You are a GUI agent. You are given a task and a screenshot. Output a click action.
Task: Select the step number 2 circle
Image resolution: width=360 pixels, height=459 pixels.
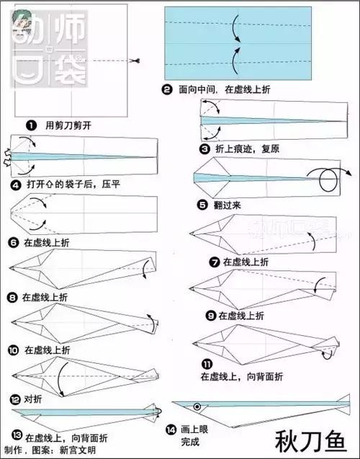pos(167,89)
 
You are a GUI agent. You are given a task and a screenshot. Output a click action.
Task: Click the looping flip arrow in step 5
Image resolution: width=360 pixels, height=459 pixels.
pos(327,179)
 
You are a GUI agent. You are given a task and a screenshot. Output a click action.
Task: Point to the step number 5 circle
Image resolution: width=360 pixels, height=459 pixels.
pos(202,205)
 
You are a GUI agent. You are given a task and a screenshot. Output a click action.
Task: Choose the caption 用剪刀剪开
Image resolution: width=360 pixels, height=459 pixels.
pos(68,125)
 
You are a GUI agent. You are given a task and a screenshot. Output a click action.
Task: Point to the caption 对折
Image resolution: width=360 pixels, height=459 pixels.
pos(33,399)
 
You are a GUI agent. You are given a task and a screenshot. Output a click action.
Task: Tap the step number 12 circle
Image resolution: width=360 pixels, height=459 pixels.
pos(15,399)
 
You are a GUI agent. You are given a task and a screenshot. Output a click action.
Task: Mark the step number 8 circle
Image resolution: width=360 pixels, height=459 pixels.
pos(12,296)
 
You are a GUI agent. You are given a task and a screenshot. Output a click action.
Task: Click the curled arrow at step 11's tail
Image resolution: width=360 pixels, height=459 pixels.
pos(329,353)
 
